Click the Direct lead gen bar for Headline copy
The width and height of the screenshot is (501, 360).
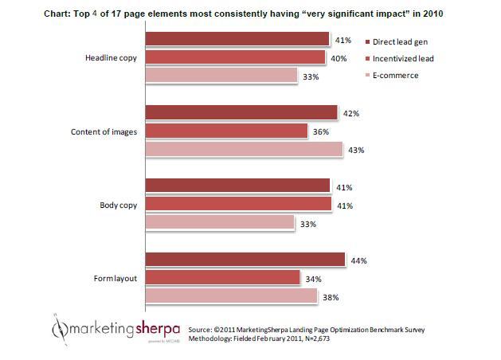(237, 39)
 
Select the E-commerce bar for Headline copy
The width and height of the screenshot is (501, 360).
(220, 76)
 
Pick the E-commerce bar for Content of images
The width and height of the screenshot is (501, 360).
(244, 149)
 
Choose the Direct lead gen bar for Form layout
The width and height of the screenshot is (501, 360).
(245, 260)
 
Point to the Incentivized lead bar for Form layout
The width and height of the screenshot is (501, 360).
(222, 278)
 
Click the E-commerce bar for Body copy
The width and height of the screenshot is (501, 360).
(220, 224)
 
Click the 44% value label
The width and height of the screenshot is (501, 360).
(360, 260)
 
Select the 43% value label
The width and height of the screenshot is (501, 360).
(358, 150)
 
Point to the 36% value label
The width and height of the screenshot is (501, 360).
(323, 131)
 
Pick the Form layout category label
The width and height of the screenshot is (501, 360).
(114, 278)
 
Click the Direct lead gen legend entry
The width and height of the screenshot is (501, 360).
(400, 41)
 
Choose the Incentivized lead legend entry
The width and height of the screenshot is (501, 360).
(403, 58)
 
